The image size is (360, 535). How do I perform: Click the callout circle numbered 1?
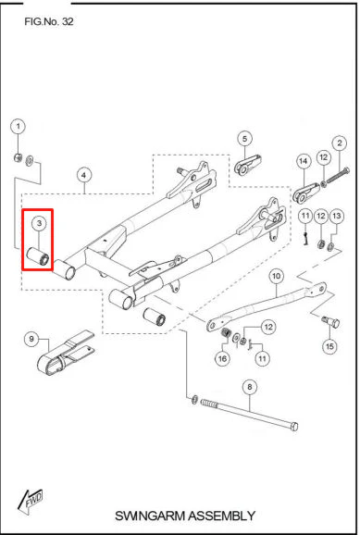coord(19,127)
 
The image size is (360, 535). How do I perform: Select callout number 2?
coord(340,143)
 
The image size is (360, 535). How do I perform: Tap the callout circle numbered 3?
coord(39,223)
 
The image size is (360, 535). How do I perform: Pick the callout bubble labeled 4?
coord(84,175)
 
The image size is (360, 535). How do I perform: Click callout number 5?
coord(244,139)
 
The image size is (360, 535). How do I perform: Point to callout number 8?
coord(250,387)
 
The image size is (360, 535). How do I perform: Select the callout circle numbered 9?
coord(31,339)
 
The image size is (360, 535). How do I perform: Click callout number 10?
coord(277,276)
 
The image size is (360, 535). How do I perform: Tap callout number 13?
coord(337,216)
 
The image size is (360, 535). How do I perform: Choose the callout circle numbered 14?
coord(304,161)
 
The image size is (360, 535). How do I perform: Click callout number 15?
coord(329,347)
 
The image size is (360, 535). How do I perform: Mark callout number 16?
coord(222,358)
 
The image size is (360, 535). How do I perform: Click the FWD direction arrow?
coord(30,501)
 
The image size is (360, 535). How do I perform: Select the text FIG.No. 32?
coord(49,21)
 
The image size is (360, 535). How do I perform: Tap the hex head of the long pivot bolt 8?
coord(294,427)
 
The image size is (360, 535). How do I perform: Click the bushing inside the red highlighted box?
coord(39,256)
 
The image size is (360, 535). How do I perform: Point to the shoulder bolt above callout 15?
coord(330,321)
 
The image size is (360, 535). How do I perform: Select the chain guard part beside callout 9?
coord(65,353)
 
